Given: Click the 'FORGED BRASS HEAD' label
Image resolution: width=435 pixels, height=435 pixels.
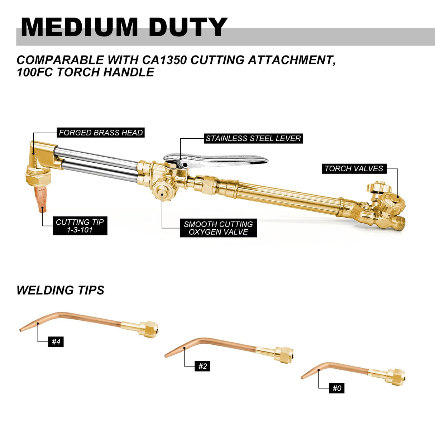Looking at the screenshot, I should tap(101, 133).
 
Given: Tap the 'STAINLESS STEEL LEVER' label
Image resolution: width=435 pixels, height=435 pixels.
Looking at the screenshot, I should tap(253, 138).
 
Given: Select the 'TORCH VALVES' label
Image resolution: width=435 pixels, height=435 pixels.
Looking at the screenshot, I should tap(354, 168).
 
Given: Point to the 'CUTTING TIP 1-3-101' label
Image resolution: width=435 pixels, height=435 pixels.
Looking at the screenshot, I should tap(80, 226).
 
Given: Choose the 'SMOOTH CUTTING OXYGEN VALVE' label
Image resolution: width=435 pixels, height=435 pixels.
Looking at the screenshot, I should tap(218, 228).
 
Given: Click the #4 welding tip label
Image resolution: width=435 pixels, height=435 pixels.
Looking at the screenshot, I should tap(56, 342).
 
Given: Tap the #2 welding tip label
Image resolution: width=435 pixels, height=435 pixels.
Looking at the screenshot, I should tap(202, 366).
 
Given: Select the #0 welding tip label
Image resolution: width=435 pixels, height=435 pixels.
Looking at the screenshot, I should tap(336, 388).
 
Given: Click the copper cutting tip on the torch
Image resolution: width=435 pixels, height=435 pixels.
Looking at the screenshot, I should tap(40, 199).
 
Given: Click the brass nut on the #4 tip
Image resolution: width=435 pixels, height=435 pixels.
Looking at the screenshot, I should tap(150, 328).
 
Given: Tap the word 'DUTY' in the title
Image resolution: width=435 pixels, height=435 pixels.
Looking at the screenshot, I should tap(188, 27).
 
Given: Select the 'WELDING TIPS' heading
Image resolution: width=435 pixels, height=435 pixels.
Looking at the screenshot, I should tap(60, 290).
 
